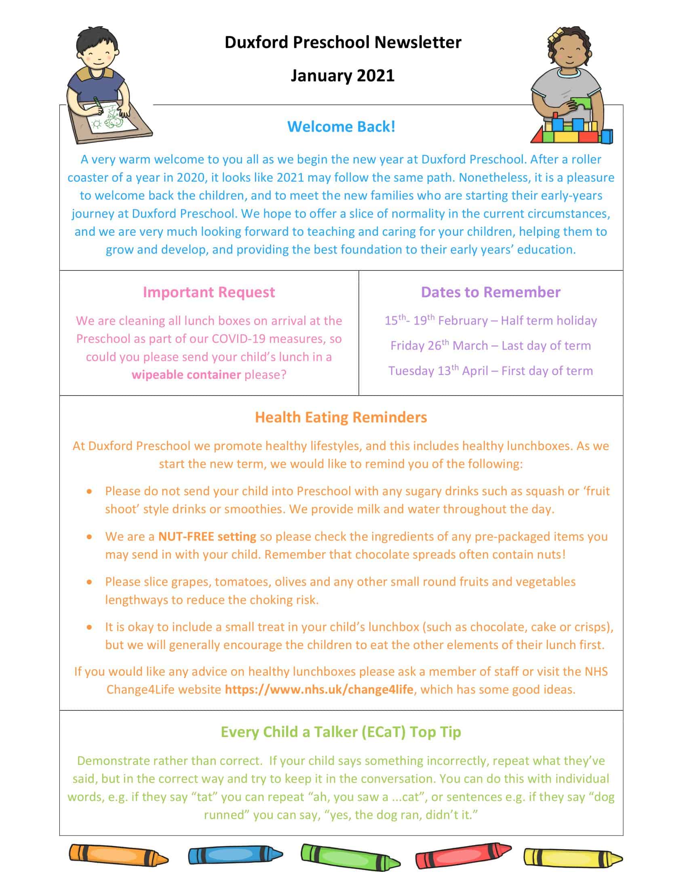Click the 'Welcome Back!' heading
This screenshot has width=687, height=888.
coord(341,126)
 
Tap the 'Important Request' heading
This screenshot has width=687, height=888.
coord(209,292)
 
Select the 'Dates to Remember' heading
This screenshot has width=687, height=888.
coord(491,292)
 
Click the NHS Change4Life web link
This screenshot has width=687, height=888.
coord(319,689)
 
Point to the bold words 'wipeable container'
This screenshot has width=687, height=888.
coord(186,374)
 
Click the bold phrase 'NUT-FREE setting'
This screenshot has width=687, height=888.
coord(207,536)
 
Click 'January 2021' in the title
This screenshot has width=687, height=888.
coord(342,75)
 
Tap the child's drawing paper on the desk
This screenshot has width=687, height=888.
coord(108,117)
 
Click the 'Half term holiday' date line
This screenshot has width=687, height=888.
coord(491,320)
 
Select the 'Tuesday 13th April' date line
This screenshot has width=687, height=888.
coord(491,371)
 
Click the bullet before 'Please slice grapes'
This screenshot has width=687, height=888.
coord(90,582)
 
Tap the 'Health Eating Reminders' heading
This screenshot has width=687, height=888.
coord(341,417)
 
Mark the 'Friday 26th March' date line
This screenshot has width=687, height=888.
coord(491,346)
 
